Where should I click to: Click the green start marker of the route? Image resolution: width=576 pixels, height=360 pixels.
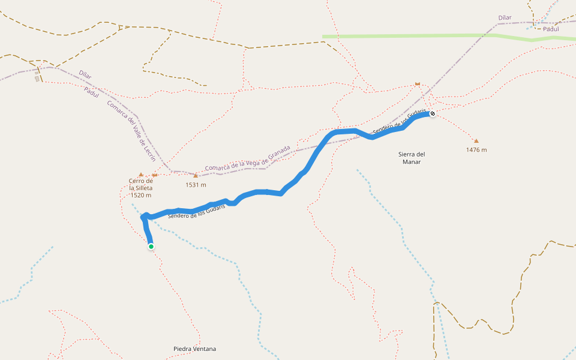[151, 246]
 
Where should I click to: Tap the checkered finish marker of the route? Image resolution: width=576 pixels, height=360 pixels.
[432, 113]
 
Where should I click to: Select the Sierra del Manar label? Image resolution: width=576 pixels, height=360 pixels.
[412, 158]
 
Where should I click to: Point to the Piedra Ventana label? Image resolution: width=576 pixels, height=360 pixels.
[194, 349]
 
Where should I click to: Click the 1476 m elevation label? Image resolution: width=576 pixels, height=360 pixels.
[476, 150]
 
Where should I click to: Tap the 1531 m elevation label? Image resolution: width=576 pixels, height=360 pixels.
[196, 185]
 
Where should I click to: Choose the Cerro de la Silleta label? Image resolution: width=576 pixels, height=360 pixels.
[141, 188]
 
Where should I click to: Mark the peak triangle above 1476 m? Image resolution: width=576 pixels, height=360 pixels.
[476, 141]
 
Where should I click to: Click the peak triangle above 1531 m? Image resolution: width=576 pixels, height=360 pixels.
[196, 176]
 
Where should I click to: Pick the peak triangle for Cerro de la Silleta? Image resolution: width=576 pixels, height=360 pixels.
[141, 175]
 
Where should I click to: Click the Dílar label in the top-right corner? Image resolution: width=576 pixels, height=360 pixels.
[505, 18]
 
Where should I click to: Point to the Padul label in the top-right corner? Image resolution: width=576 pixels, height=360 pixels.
[551, 28]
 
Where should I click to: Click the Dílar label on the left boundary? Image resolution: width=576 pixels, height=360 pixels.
[85, 74]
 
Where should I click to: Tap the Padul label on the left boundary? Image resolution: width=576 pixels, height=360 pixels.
[91, 91]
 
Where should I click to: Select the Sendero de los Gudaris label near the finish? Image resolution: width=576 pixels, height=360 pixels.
[400, 122]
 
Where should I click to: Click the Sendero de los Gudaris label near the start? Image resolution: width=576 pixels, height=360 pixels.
[197, 211]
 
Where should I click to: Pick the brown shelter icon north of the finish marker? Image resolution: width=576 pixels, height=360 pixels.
[418, 84]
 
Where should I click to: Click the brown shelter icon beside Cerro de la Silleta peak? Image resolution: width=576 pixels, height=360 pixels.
[154, 175]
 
